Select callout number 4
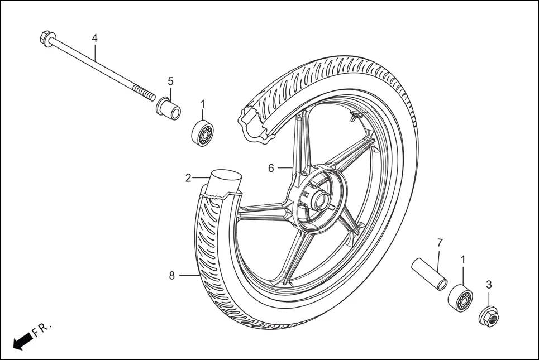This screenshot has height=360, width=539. [x=94, y=38]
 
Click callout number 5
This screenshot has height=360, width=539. [x=171, y=81]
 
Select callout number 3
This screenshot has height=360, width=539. [x=489, y=285]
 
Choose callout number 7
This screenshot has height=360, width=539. [x=440, y=243]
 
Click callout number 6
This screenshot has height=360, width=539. [x=271, y=168]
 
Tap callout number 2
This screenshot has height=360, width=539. [x=189, y=178]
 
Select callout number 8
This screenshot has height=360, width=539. [x=172, y=275]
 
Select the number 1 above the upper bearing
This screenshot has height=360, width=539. [x=203, y=104]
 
